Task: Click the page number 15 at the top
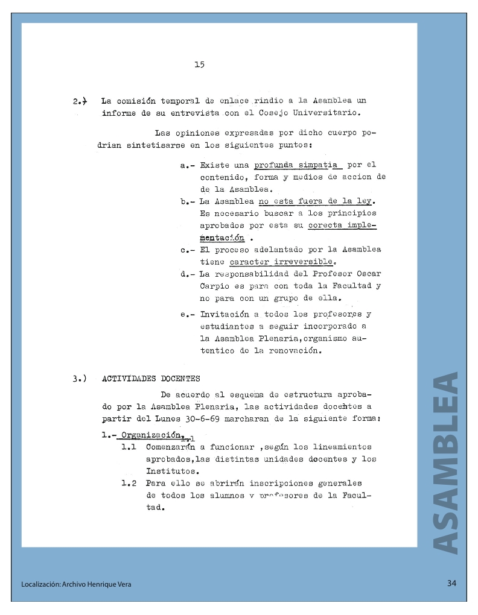(x=199, y=65)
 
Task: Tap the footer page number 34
(x=453, y=583)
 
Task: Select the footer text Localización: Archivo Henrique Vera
(x=76, y=584)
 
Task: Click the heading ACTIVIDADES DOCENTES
(x=151, y=379)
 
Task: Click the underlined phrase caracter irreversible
(x=281, y=262)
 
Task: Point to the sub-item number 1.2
(x=129, y=483)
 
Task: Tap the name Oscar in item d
(x=369, y=274)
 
